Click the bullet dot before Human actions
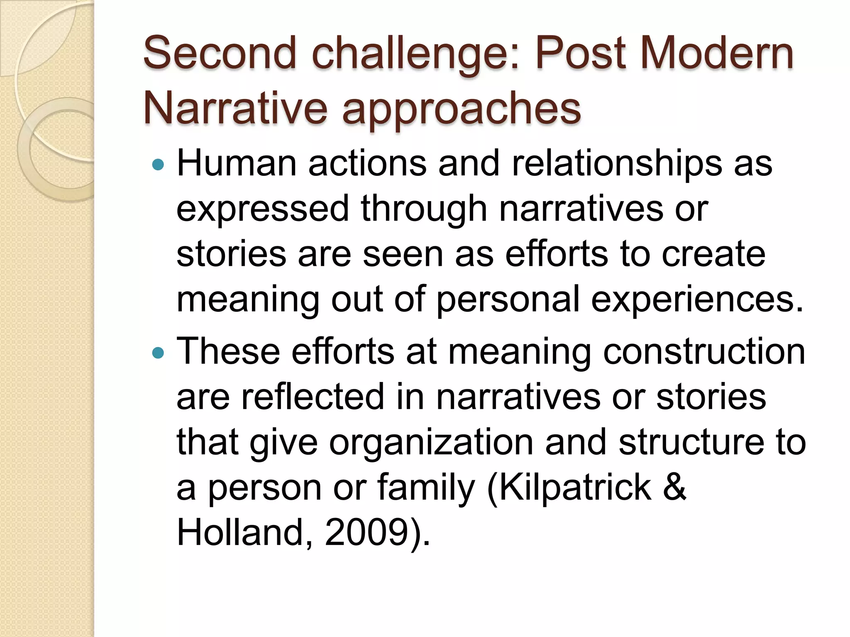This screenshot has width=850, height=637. tap(158, 165)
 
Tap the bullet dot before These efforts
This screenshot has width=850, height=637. tap(158, 353)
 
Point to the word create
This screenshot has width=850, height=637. tap(713, 254)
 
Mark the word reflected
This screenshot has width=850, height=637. tap(313, 396)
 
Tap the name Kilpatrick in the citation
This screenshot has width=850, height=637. tap(575, 487)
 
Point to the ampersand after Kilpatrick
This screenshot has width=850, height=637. tap(674, 487)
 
